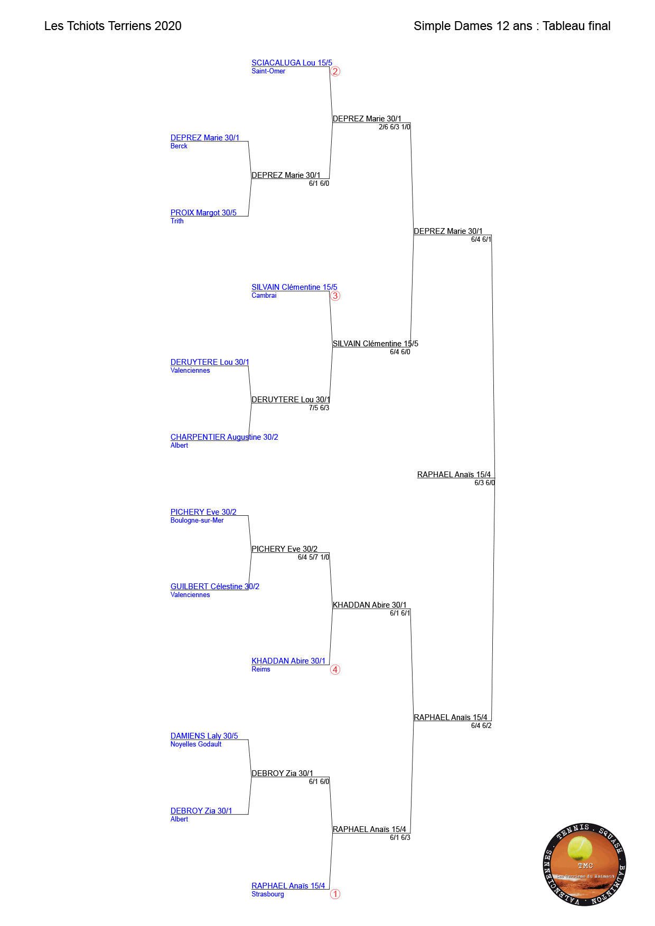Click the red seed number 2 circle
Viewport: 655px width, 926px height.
point(335,71)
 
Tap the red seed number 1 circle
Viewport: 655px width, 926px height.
point(335,894)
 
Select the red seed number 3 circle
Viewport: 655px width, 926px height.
point(335,296)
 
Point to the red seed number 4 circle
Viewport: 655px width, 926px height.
point(335,669)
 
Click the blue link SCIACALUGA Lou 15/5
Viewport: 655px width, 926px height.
point(292,63)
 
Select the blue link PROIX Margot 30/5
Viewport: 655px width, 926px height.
point(203,213)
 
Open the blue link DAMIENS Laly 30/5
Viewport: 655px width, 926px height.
point(204,736)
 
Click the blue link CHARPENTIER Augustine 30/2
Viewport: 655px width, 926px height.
point(224,437)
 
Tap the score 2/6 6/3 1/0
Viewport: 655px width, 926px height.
point(395,127)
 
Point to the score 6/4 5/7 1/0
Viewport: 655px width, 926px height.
point(313,558)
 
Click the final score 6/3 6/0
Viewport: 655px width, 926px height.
point(484,483)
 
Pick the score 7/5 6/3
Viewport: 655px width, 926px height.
point(319,408)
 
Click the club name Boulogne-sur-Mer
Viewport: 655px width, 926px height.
point(197,521)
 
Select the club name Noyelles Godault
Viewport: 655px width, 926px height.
point(196,744)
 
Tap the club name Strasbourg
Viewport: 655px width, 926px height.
point(268,894)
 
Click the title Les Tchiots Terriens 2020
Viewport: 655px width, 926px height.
point(113,26)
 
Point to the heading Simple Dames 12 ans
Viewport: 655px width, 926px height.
point(473,26)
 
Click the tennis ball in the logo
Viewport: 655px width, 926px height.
point(579,848)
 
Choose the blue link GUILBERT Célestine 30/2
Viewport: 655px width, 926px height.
point(214,587)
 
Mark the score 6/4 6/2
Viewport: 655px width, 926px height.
point(481,726)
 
